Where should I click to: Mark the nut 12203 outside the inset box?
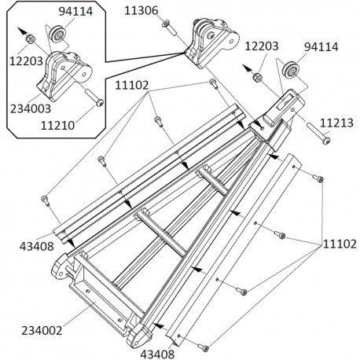tap(256, 77)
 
